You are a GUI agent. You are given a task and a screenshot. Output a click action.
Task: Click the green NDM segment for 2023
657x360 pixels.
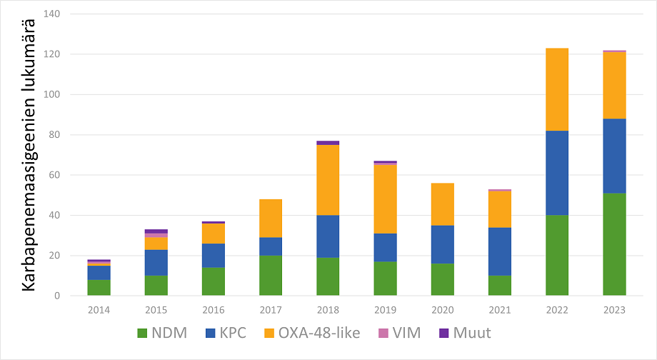click(614, 244)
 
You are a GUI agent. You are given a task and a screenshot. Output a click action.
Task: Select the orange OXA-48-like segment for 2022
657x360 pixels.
click(557, 89)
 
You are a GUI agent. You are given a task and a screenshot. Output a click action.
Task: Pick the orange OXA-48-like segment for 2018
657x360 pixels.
click(328, 180)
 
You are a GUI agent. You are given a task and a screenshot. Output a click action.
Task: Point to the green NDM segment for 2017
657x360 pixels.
click(271, 275)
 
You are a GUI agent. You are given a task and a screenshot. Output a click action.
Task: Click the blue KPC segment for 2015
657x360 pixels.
click(156, 262)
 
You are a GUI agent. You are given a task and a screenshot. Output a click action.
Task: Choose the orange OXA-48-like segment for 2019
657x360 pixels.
click(385, 199)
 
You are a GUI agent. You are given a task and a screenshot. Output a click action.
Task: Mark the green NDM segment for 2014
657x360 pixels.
click(99, 287)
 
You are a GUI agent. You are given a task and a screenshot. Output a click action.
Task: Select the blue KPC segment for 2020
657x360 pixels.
click(442, 244)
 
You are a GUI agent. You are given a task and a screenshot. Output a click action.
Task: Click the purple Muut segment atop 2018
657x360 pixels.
click(328, 143)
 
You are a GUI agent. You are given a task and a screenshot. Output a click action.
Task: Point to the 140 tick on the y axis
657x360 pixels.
click(53, 14)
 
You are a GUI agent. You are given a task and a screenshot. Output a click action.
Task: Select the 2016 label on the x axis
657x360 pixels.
click(213, 309)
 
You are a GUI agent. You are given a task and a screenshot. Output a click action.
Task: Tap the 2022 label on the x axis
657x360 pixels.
click(557, 309)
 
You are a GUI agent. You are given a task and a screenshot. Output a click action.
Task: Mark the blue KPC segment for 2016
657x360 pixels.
click(213, 256)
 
